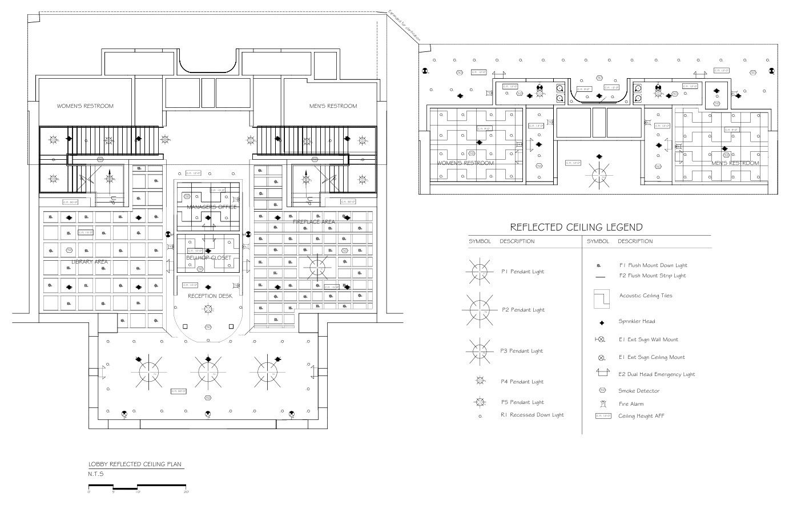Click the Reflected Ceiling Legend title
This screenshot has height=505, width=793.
coord(576,227)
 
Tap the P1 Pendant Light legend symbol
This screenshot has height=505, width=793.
coord(480,272)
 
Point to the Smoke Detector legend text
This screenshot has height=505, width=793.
coord(639,391)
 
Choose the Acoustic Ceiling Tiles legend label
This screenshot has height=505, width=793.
coord(646,296)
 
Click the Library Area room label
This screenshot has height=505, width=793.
coord(90,262)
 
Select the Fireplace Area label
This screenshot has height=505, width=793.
coord(313,222)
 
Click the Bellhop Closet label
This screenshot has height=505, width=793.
coord(208,258)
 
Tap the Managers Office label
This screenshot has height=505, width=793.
coord(211,207)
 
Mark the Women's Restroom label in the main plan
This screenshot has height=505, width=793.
coord(84,106)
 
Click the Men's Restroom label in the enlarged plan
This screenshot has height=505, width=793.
coord(735,163)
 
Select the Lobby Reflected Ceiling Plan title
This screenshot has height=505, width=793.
coord(135,464)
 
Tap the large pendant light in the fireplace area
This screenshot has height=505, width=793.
coord(317,265)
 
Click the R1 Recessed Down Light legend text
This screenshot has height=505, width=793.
coord(532,415)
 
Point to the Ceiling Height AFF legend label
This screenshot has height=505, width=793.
coord(641,416)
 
